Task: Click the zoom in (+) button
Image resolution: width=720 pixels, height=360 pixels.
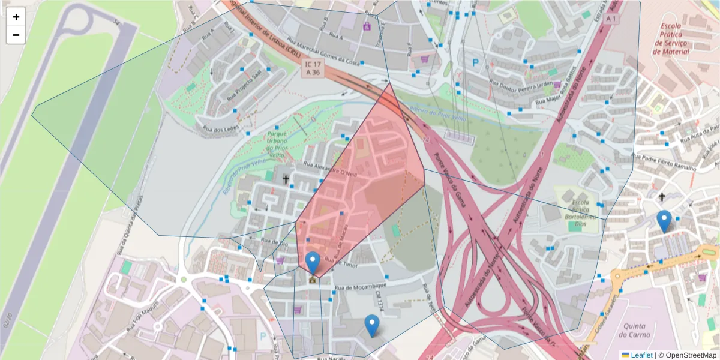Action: [x=16, y=17]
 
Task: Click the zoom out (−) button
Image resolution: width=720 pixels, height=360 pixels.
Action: [x=16, y=35]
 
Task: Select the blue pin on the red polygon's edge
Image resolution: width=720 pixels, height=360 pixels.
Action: [x=313, y=262]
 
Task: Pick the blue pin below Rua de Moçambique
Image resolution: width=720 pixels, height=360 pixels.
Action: [x=372, y=325]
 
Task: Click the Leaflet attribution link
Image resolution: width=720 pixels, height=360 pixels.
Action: [x=641, y=355]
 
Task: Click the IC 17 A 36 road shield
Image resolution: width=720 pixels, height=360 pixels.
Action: [x=313, y=68]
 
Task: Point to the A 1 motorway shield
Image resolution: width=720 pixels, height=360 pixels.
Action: [x=611, y=19]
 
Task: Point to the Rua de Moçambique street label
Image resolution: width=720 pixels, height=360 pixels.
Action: [x=360, y=287]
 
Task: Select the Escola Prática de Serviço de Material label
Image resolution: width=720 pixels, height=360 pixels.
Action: [x=683, y=38]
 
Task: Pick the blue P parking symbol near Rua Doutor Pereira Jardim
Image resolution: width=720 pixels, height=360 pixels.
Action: [x=476, y=62]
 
